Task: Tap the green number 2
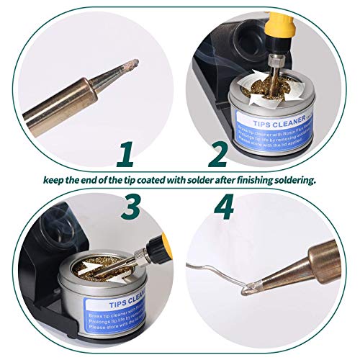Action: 217,153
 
